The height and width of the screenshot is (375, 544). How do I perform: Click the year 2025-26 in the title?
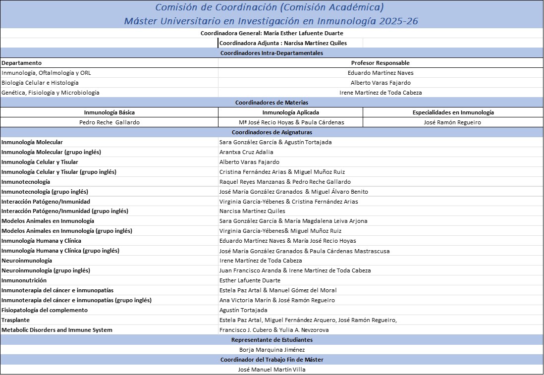coord(403,21)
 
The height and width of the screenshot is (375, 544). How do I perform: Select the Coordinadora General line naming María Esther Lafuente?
coord(272,33)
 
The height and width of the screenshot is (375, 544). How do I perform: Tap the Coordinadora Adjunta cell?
coord(283,43)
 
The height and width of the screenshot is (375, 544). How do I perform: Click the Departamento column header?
coord(21,63)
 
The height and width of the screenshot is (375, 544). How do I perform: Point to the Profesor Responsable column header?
coord(380,63)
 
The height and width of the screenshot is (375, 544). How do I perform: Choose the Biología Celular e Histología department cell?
coord(40,83)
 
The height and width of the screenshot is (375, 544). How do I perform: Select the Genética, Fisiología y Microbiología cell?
coord(50,93)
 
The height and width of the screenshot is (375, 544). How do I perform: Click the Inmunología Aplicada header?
coord(290,112)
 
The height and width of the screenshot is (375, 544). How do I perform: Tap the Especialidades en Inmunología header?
coord(453,112)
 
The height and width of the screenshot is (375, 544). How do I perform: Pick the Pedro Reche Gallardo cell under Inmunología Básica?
coord(109,122)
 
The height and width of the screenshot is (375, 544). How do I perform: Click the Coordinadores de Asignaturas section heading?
coord(272,132)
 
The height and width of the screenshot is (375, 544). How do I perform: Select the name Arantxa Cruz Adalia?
coord(246,152)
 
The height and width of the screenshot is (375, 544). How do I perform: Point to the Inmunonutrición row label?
coord(23,280)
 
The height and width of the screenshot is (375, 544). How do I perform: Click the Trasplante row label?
coord(15,320)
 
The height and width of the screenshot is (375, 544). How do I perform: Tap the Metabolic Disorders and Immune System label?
coord(56,330)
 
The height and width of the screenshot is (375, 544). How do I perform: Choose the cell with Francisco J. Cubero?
coord(274,330)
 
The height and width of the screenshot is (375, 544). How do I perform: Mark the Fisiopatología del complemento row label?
coord(44,310)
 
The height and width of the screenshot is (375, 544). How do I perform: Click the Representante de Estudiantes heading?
coord(272,340)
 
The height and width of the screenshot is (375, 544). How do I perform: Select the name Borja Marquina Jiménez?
coord(272,350)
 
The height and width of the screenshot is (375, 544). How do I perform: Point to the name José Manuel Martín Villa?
coord(272,370)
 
